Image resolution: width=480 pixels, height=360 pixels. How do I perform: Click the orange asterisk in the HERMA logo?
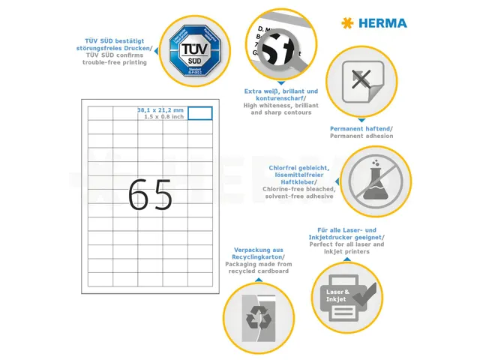click(x=346, y=23)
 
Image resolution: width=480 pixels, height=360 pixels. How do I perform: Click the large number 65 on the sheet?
click(x=150, y=196)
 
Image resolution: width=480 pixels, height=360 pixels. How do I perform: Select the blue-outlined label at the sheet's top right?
click(x=199, y=113)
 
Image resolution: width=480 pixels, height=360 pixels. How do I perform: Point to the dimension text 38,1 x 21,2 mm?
click(x=160, y=110)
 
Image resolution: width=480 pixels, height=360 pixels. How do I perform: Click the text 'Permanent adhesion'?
click(x=361, y=136)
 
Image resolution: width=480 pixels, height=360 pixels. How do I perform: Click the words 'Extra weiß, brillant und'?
click(x=281, y=91)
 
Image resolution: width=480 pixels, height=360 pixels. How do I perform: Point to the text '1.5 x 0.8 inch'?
click(x=160, y=117)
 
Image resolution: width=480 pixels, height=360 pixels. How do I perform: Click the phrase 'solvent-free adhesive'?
click(x=299, y=196)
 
